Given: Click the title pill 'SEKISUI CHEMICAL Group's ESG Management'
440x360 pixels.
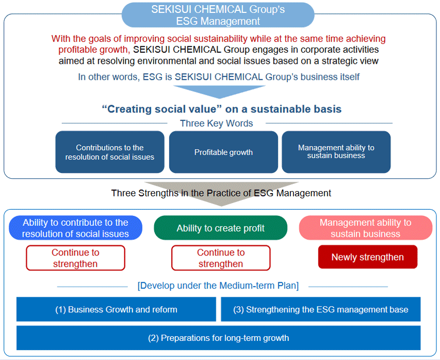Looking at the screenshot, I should point(218,15).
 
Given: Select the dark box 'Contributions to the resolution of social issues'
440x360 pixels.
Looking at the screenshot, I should point(110,152).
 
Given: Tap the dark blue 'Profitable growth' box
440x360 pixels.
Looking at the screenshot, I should point(223,152).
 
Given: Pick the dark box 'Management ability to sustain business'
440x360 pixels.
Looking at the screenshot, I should point(336,152).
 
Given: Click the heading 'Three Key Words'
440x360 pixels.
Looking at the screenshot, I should point(216,123).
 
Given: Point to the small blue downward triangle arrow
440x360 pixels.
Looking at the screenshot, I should point(219,91).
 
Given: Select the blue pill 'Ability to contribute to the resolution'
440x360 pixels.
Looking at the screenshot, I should point(75,228).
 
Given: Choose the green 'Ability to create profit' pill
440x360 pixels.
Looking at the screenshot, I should point(221,228).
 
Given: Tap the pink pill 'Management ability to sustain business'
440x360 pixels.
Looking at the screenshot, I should point(365,228).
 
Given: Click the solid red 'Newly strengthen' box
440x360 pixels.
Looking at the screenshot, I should point(368,257).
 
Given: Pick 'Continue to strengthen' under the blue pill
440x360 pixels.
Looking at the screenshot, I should point(76,258).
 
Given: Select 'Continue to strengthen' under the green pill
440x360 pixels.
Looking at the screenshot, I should point(221,258).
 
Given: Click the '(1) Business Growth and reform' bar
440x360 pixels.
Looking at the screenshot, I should point(116,310).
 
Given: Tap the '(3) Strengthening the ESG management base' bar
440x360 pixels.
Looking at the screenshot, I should point(320,310).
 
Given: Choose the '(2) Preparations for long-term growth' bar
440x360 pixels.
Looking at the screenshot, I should point(218,338).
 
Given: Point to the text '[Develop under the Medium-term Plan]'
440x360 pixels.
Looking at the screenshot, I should point(218,286).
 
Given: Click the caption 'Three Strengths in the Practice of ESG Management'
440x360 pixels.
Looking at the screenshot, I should point(221,193).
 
